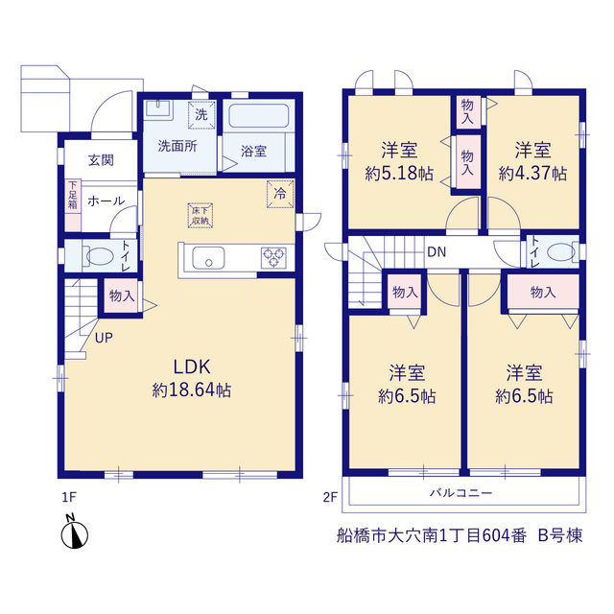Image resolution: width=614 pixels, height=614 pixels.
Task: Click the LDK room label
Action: pyautogui.click(x=192, y=366)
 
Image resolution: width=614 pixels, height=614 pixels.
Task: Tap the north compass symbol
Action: pyautogui.click(x=75, y=534)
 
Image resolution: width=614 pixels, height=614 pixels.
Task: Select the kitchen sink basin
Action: pyautogui.click(x=208, y=258)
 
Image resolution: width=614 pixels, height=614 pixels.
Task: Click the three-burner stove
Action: pyautogui.click(x=273, y=258)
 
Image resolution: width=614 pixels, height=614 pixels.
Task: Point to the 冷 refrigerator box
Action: pyautogui.click(x=280, y=194)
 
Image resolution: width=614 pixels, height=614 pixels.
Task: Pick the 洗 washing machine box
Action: pyautogui.click(x=201, y=115)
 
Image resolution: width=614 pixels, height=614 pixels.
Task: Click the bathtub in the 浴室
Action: pyautogui.click(x=258, y=115)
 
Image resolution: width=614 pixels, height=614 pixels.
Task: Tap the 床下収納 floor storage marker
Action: pyautogui.click(x=201, y=215)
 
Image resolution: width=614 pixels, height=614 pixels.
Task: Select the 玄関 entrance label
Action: pyautogui.click(x=101, y=160)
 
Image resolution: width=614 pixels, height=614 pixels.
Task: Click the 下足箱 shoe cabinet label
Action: pyautogui.click(x=73, y=195)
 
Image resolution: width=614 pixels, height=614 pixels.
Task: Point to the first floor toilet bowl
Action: pyautogui.click(x=99, y=256)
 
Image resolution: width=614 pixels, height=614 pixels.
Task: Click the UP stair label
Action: pyautogui.click(x=104, y=338)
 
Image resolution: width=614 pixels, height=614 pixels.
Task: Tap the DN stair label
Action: pyautogui.click(x=437, y=251)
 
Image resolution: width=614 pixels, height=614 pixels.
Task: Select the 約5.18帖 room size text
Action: pyautogui.click(x=399, y=174)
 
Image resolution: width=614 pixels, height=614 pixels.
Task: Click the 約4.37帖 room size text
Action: pyautogui.click(x=532, y=174)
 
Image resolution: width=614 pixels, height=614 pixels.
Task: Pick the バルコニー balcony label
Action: pyautogui.click(x=460, y=492)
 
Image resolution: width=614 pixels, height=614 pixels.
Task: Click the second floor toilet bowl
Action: pyautogui.click(x=561, y=251)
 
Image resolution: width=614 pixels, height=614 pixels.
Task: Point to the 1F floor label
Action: pyautogui.click(x=69, y=497)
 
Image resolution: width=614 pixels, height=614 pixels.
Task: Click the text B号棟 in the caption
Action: pyautogui.click(x=560, y=535)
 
